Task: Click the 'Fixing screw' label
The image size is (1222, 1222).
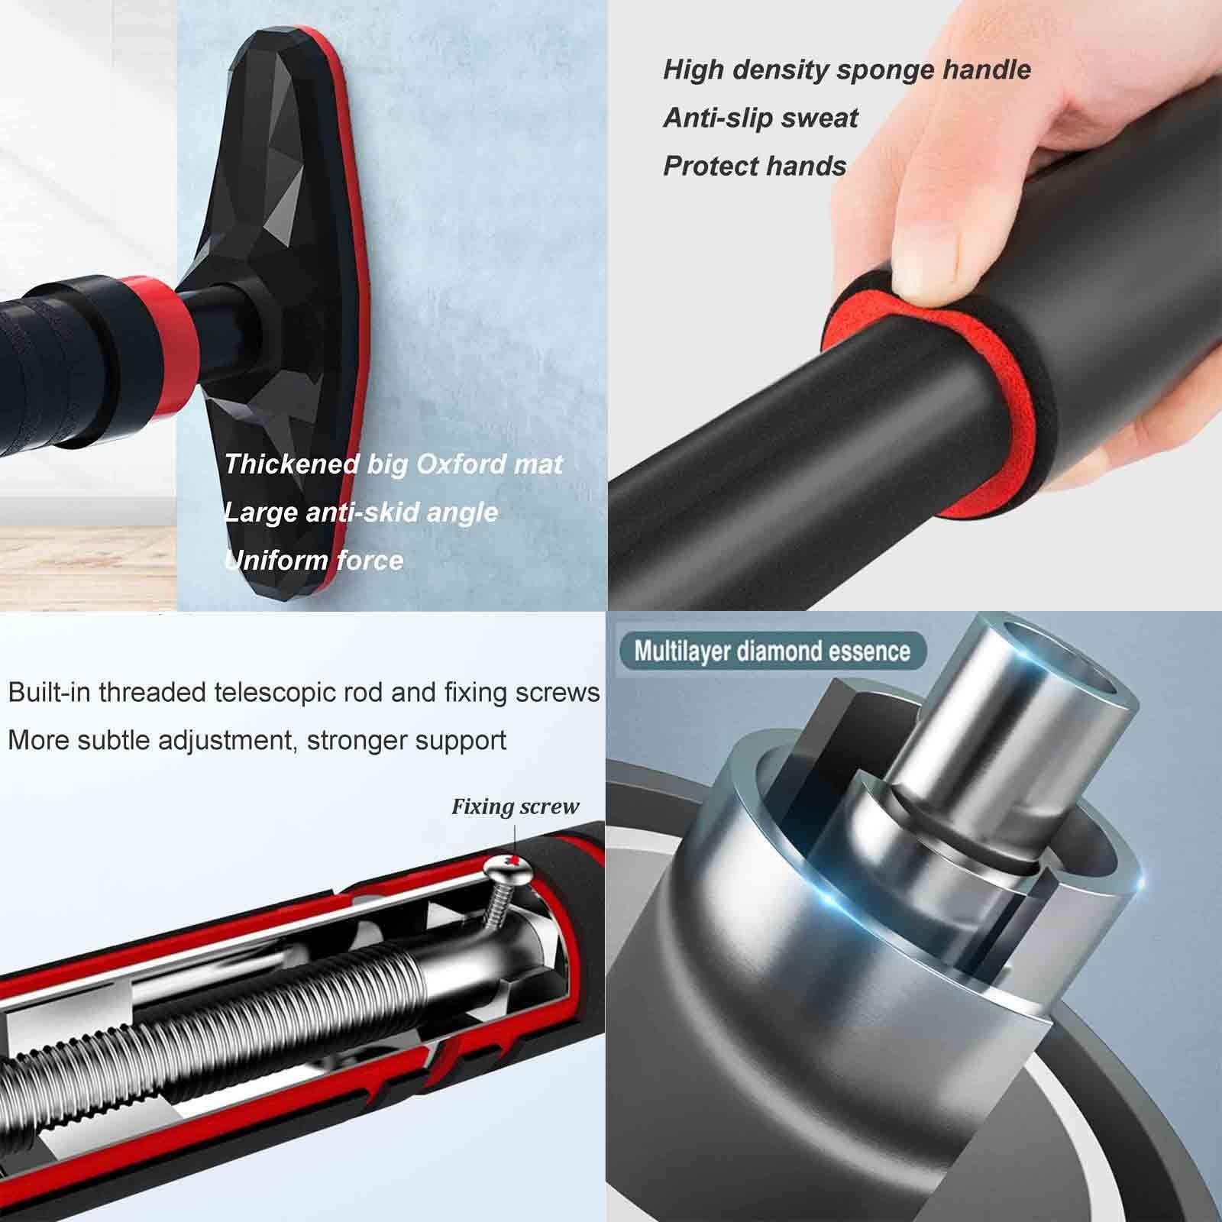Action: click(515, 807)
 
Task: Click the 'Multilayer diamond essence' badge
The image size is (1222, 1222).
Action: click(772, 651)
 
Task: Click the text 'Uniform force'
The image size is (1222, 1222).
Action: click(314, 560)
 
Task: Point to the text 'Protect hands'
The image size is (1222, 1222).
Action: click(755, 166)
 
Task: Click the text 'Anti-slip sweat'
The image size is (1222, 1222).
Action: click(760, 118)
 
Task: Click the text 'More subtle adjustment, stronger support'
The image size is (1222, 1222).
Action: click(257, 739)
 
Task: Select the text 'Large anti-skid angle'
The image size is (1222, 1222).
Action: click(360, 512)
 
